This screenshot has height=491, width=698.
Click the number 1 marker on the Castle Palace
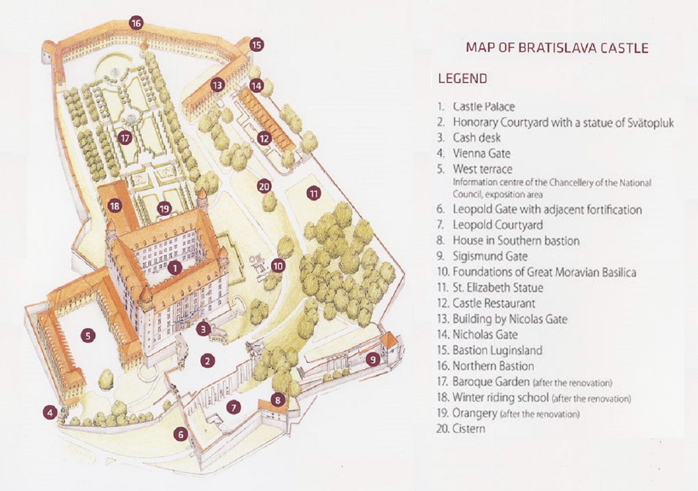[x=174, y=267]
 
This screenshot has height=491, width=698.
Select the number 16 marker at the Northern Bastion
[x=135, y=23]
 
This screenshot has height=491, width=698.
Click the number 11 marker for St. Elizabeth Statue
[x=315, y=194]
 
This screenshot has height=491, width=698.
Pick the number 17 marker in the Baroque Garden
[x=125, y=137]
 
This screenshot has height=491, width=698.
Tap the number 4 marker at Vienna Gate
[x=50, y=411]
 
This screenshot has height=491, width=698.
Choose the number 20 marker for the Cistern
[x=263, y=187]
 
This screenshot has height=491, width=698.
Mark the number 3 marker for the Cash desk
[x=204, y=329]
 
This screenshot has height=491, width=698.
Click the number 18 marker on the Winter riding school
[x=115, y=207]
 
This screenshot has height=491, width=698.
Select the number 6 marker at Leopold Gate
[x=181, y=435]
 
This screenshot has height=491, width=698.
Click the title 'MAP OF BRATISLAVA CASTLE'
[x=557, y=48]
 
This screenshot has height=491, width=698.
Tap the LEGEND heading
[x=462, y=79]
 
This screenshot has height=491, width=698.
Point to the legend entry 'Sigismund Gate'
[x=490, y=257]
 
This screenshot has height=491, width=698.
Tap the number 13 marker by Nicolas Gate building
[x=217, y=84]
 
